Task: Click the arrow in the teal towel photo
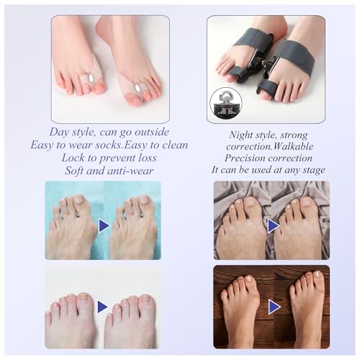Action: click(x=104, y=225)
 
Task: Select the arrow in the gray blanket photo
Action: click(x=273, y=226)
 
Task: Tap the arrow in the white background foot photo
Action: click(x=103, y=307)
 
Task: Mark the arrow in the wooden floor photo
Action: click(x=274, y=307)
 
